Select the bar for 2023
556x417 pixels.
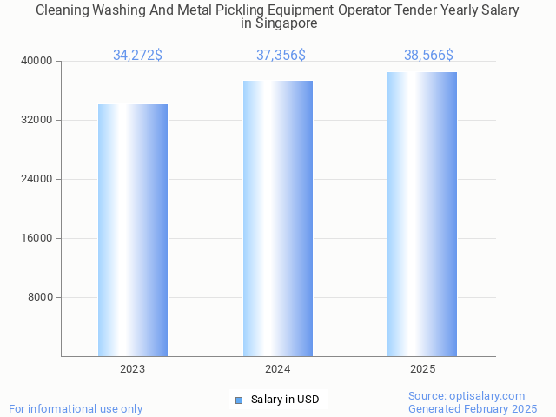tap(133, 230)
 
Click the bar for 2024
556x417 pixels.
tap(278, 218)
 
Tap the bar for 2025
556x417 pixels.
tap(422, 214)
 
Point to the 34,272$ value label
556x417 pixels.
tap(137, 56)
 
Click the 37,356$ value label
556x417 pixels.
tap(281, 56)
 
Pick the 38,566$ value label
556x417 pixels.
tap(428, 56)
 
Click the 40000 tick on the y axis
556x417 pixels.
tap(37, 61)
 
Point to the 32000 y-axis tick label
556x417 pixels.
tap(37, 120)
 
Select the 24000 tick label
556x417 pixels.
tap(37, 179)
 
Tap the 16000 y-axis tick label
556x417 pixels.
tap(37, 238)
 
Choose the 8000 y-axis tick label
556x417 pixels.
tap(41, 297)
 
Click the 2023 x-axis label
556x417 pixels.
tap(133, 369)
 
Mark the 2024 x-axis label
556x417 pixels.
tap(278, 369)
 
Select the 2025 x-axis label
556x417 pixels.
tap(422, 369)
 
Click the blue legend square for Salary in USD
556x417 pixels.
tap(239, 400)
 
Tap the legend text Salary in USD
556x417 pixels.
tap(285, 400)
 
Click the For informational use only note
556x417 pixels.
tap(76, 408)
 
